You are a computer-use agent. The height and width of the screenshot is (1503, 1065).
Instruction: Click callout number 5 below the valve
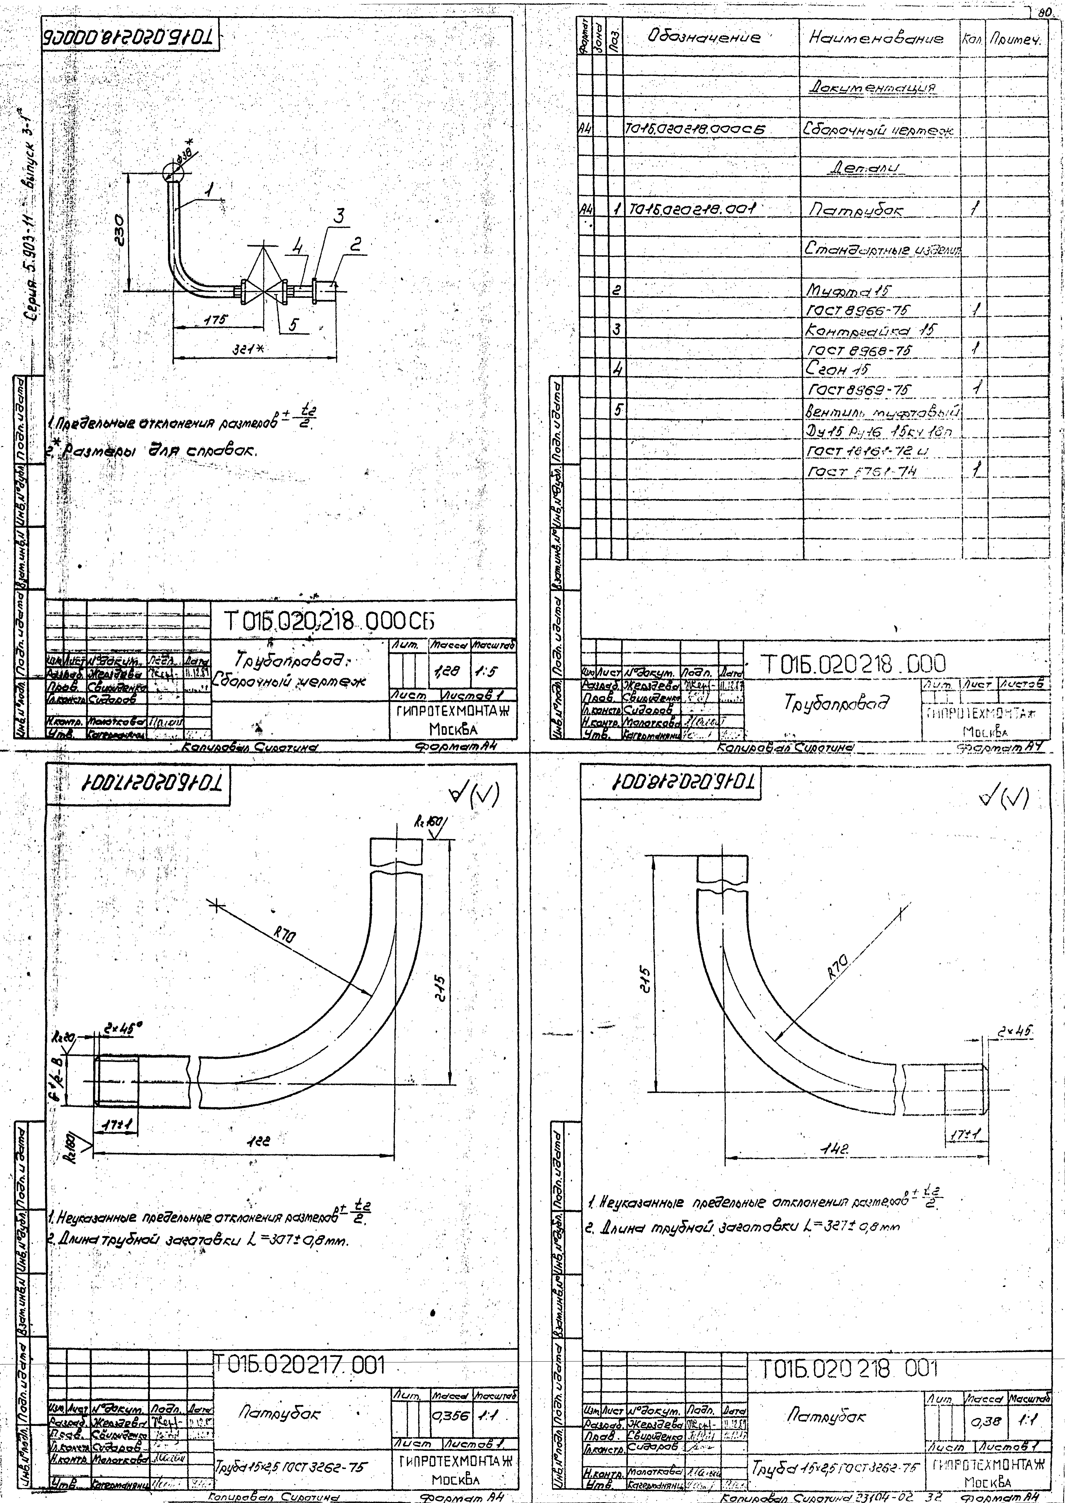[x=293, y=323]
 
